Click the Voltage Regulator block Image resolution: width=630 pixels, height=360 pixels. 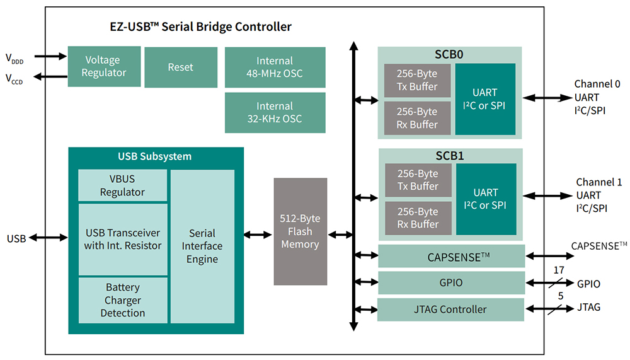[105, 66]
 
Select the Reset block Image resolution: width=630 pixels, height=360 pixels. [180, 67]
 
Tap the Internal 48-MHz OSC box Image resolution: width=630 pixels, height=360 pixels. [275, 67]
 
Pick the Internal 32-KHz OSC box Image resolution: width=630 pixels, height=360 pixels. [275, 112]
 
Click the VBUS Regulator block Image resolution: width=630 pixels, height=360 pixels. [122, 185]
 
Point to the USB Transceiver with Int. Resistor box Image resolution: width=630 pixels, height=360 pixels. [123, 239]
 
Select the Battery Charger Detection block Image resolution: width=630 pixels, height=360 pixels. [123, 300]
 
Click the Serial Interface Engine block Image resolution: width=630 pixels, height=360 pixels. [202, 246]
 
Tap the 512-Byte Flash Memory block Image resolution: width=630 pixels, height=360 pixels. [300, 231]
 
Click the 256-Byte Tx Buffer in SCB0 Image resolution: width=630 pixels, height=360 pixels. [416, 80]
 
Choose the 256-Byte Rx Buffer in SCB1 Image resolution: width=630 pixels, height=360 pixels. [416, 218]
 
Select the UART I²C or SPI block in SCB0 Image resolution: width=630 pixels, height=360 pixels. [485, 99]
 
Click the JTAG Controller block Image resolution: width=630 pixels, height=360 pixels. [450, 309]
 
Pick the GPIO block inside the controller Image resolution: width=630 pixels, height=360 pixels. [450, 282]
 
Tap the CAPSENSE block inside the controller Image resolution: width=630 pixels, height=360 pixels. [450, 256]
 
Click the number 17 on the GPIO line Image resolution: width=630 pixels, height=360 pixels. [558, 270]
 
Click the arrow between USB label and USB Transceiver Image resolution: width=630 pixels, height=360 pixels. [48, 238]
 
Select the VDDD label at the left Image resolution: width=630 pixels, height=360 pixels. [14, 59]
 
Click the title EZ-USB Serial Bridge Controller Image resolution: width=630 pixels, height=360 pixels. [200, 26]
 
